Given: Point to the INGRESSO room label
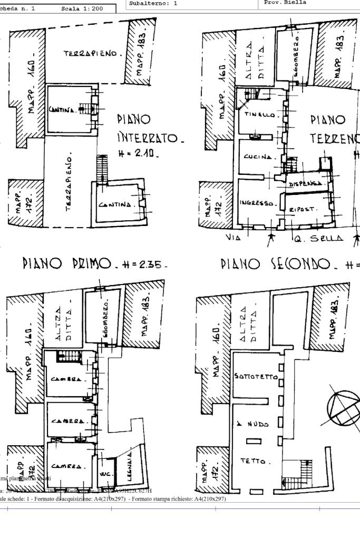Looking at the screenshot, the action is (x=255, y=203).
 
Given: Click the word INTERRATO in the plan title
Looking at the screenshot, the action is (x=150, y=140).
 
